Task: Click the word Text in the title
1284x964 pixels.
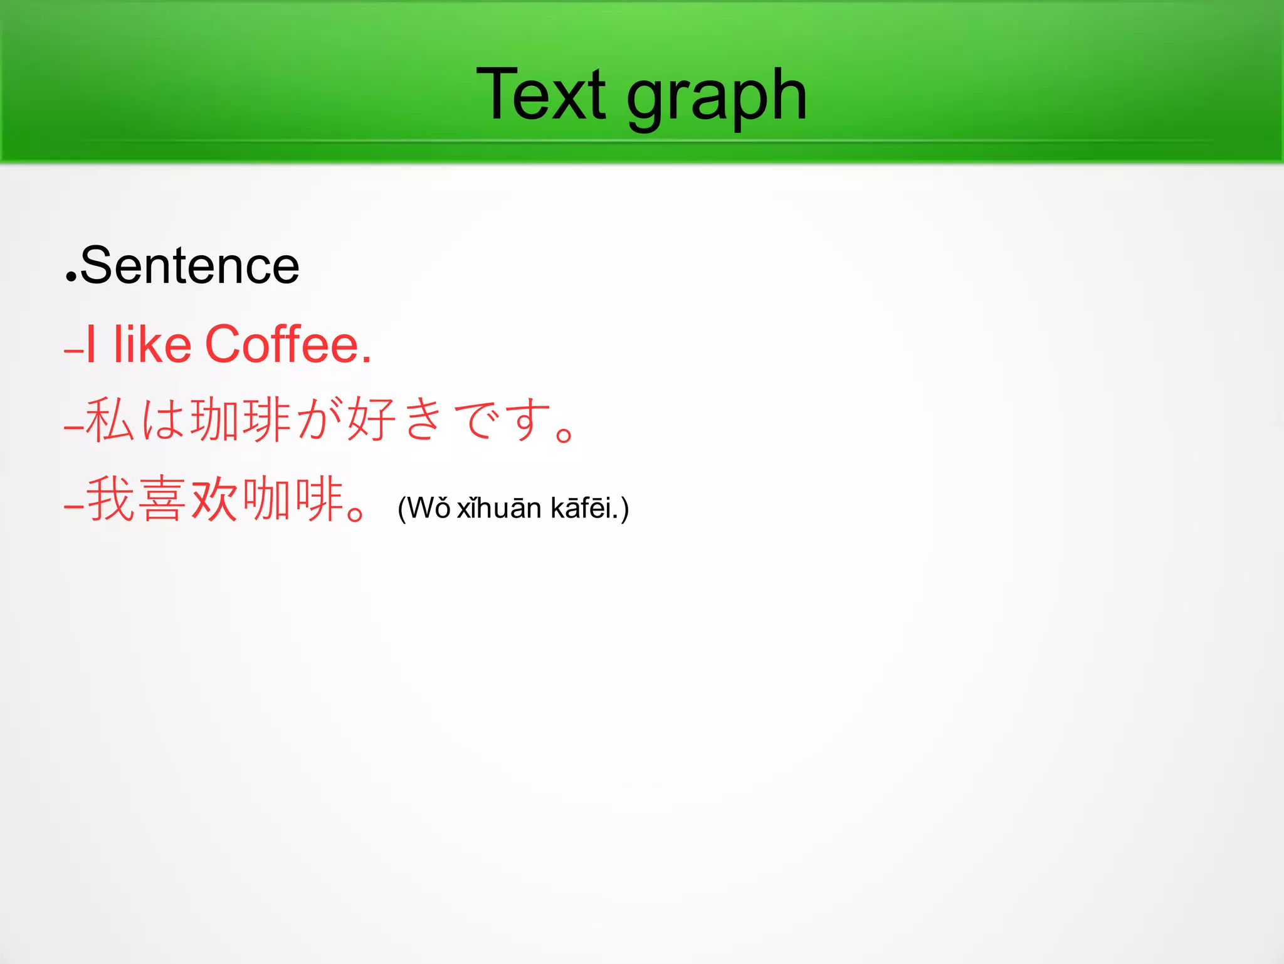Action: click(x=540, y=95)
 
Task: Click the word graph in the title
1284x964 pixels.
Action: click(x=716, y=97)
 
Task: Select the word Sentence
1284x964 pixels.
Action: click(x=189, y=266)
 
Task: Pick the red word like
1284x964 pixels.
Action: click(x=152, y=344)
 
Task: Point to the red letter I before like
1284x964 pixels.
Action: click(x=91, y=344)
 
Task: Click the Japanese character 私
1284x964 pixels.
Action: click(x=110, y=419)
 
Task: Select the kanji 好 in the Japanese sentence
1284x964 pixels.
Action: click(x=371, y=419)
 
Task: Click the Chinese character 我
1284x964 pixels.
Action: click(x=110, y=499)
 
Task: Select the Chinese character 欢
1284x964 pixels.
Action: click(x=214, y=499)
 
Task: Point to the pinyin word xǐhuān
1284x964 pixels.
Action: click(x=499, y=508)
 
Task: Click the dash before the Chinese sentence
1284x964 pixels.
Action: click(x=73, y=506)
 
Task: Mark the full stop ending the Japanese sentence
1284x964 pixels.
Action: click(x=564, y=434)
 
